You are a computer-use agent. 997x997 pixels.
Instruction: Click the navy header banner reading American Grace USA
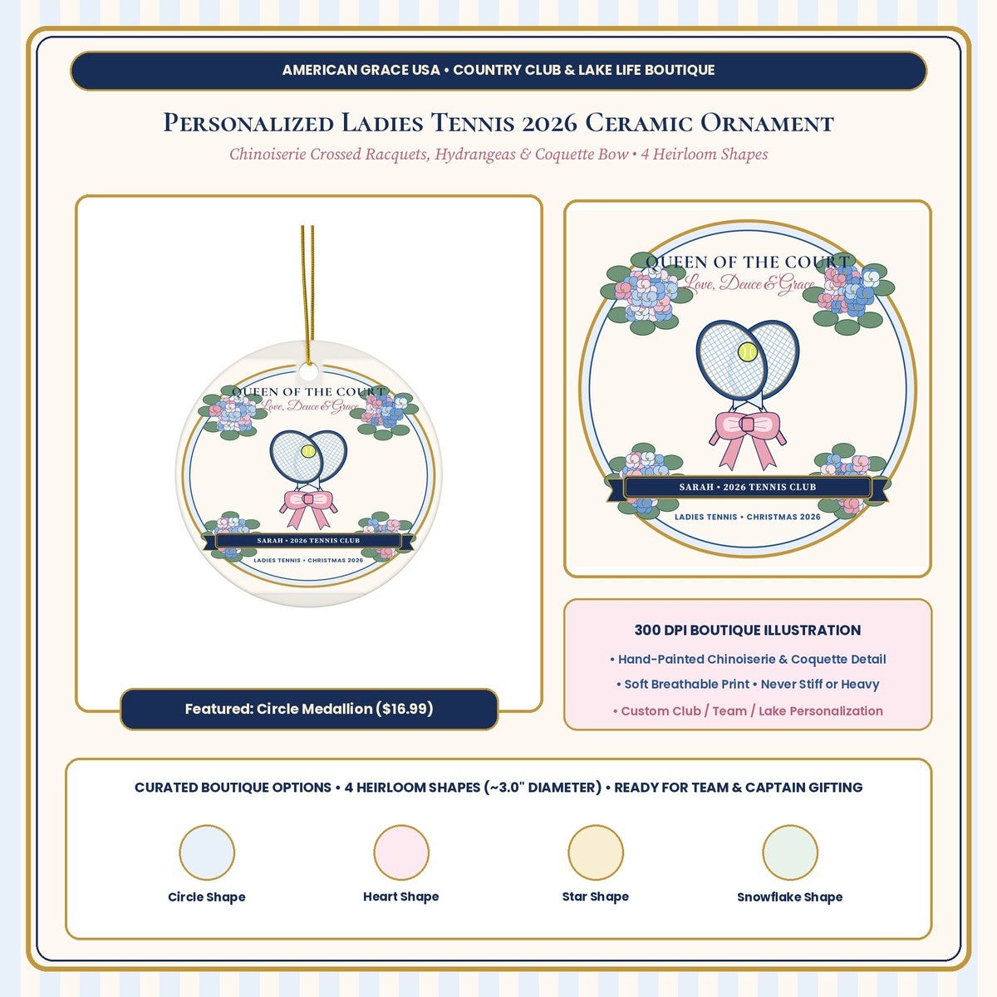click(498, 71)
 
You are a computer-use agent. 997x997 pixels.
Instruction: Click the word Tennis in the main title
click(473, 123)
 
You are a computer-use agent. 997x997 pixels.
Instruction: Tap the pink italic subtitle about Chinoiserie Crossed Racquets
click(498, 155)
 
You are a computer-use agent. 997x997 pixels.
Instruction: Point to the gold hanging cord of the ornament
click(308, 295)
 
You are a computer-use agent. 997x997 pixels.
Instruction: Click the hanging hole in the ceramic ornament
click(308, 371)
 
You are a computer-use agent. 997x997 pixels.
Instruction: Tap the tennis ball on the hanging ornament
click(308, 451)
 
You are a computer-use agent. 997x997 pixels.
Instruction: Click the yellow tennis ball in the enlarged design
click(747, 351)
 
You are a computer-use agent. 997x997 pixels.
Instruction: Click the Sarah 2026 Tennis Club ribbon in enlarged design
click(748, 488)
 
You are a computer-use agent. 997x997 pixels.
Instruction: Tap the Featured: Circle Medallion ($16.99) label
click(309, 709)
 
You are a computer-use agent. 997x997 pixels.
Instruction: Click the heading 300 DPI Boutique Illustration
click(748, 630)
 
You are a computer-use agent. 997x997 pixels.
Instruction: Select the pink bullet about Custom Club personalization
click(748, 711)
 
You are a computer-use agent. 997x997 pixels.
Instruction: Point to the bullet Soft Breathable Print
click(748, 684)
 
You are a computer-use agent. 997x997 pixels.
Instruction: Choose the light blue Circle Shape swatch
click(207, 852)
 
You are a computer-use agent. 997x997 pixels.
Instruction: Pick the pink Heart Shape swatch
click(401, 852)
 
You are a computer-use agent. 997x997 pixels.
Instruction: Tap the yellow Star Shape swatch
click(596, 852)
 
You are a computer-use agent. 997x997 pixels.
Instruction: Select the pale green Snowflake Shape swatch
click(790, 852)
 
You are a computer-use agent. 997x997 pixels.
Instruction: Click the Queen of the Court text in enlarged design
click(748, 263)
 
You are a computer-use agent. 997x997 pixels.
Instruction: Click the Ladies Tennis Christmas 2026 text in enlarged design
click(748, 517)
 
